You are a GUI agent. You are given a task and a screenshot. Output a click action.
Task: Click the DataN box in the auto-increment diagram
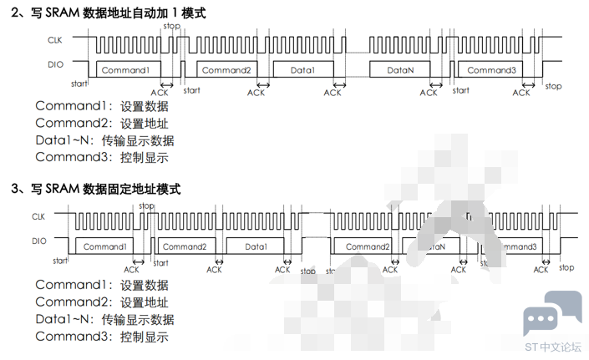point(400,70)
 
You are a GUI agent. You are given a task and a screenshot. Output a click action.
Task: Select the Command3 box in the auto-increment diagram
point(491,70)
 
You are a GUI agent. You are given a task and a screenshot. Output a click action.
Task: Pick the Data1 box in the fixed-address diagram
point(256,246)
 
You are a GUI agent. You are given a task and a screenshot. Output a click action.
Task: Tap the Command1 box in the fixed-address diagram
point(105,246)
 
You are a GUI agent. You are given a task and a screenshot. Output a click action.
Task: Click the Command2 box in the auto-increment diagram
point(226,70)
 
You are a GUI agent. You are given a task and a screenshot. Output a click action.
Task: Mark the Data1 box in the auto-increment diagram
point(302,70)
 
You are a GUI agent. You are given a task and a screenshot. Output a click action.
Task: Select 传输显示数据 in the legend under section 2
point(138,140)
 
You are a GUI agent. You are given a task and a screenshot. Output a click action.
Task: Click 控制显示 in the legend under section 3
point(144,337)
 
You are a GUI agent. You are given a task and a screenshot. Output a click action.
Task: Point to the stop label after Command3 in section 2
point(553,86)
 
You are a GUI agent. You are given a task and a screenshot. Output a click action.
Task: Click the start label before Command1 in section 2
point(80,84)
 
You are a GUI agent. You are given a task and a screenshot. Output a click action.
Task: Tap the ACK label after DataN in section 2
point(429,93)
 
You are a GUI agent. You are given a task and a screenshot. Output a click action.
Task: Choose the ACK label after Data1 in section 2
point(333,93)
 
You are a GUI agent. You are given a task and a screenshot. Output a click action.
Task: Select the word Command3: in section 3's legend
point(73,337)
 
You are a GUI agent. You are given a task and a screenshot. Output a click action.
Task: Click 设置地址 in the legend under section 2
point(144,124)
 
